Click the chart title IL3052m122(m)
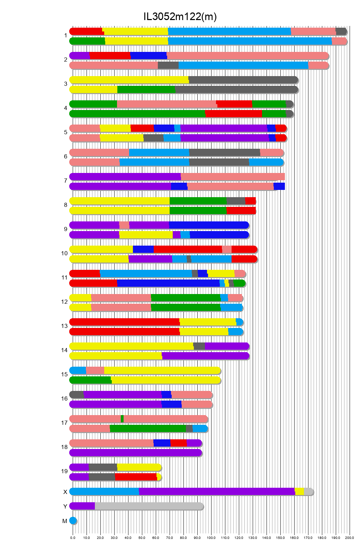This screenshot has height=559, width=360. coord(180,17)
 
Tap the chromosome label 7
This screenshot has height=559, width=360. coord(65,181)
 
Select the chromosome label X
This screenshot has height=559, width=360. coord(65,492)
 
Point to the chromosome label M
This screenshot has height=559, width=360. coord(65,521)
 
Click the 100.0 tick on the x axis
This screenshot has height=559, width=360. coord(211,538)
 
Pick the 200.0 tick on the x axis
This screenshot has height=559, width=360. coord(350,538)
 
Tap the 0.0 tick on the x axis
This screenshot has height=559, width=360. coord(73,538)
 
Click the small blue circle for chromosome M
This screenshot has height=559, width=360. coord(73,521)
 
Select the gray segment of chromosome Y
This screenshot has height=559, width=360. coord(149,506)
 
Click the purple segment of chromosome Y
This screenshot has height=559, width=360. coord(82,506)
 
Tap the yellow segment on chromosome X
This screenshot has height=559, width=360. coord(299,492)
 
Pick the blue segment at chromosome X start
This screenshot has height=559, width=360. coord(104,492)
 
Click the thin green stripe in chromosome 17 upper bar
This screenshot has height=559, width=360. coord(122,419)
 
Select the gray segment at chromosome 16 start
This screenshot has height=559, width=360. coord(77,395)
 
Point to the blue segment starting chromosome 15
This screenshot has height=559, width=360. coord(78,370)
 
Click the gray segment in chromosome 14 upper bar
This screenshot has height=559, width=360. coord(199,346)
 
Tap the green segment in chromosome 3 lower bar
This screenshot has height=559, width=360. coord(146,90)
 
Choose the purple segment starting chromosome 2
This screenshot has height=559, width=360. coord(80,56)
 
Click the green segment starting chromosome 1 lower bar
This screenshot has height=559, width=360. coord(87,41)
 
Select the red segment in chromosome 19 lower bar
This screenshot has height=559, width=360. coord(136,477)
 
